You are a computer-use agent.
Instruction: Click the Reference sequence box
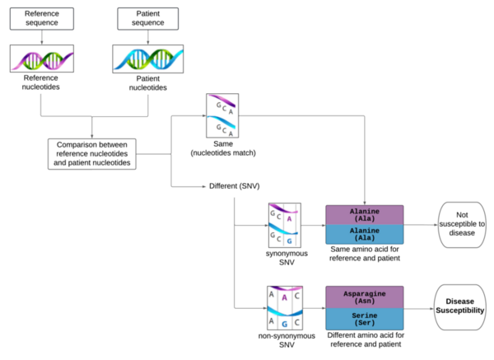41,19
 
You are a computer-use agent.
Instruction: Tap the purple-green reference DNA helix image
41,58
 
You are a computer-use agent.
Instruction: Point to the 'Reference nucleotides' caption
41,82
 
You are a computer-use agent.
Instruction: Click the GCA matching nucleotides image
224,116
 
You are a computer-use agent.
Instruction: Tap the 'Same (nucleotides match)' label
224,148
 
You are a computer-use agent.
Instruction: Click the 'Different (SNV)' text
235,186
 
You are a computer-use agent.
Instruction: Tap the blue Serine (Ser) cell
364,319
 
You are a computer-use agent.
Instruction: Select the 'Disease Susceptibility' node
462,307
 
